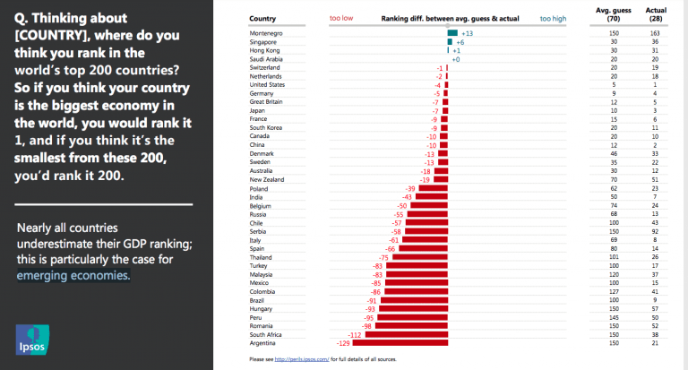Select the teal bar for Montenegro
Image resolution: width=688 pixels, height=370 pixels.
[x=452, y=33]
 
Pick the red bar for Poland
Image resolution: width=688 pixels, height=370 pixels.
[x=432, y=189]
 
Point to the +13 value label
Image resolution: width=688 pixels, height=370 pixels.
[x=468, y=33]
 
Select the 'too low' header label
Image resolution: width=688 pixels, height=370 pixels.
[x=340, y=18]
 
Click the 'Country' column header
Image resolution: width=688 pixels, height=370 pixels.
[x=263, y=18]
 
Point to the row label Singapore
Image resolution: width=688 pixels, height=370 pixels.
[x=267, y=42]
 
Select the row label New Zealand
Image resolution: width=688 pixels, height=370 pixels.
[x=270, y=180]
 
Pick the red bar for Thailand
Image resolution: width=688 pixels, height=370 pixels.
[x=420, y=257]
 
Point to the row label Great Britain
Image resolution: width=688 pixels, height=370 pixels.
[x=269, y=102]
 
